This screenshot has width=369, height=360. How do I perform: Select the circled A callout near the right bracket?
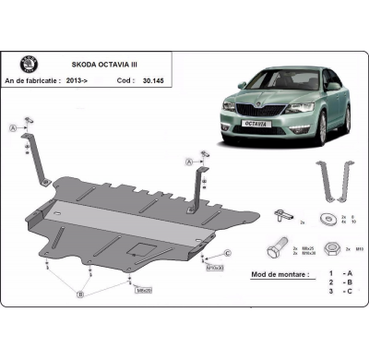point(190,161)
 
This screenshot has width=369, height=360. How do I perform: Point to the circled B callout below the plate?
point(81,295)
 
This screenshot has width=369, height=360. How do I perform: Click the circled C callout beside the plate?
point(227,253)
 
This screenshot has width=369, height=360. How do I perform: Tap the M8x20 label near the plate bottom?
point(144,290)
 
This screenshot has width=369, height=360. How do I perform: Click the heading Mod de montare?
point(280,274)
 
